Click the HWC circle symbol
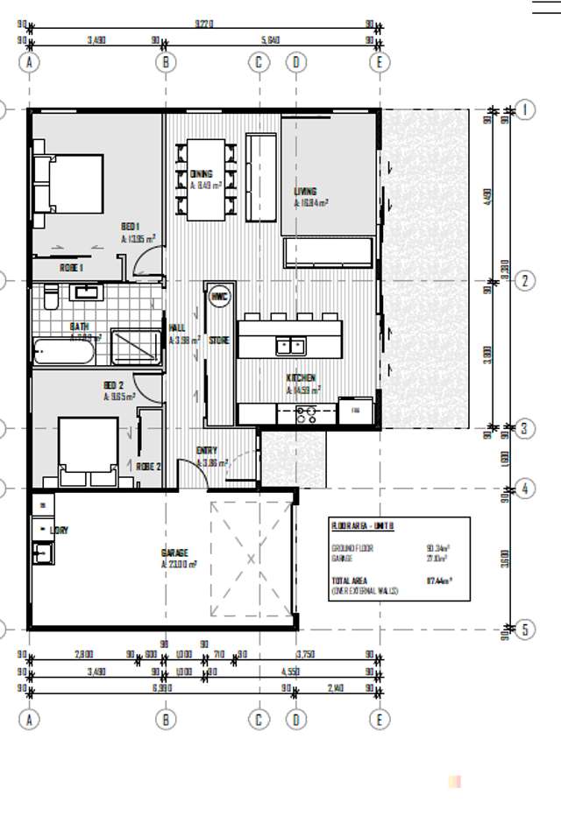[218, 297]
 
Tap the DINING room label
[201, 174]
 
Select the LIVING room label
[305, 191]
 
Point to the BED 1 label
[131, 226]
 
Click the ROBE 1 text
[72, 267]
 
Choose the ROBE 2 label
[148, 467]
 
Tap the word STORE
[219, 340]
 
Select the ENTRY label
[207, 450]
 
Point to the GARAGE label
[174, 552]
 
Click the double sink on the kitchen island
[290, 347]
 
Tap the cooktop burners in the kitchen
[306, 414]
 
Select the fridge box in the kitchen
[356, 410]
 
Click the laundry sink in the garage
[41, 552]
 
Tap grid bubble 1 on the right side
[526, 109]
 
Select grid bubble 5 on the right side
[526, 629]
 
